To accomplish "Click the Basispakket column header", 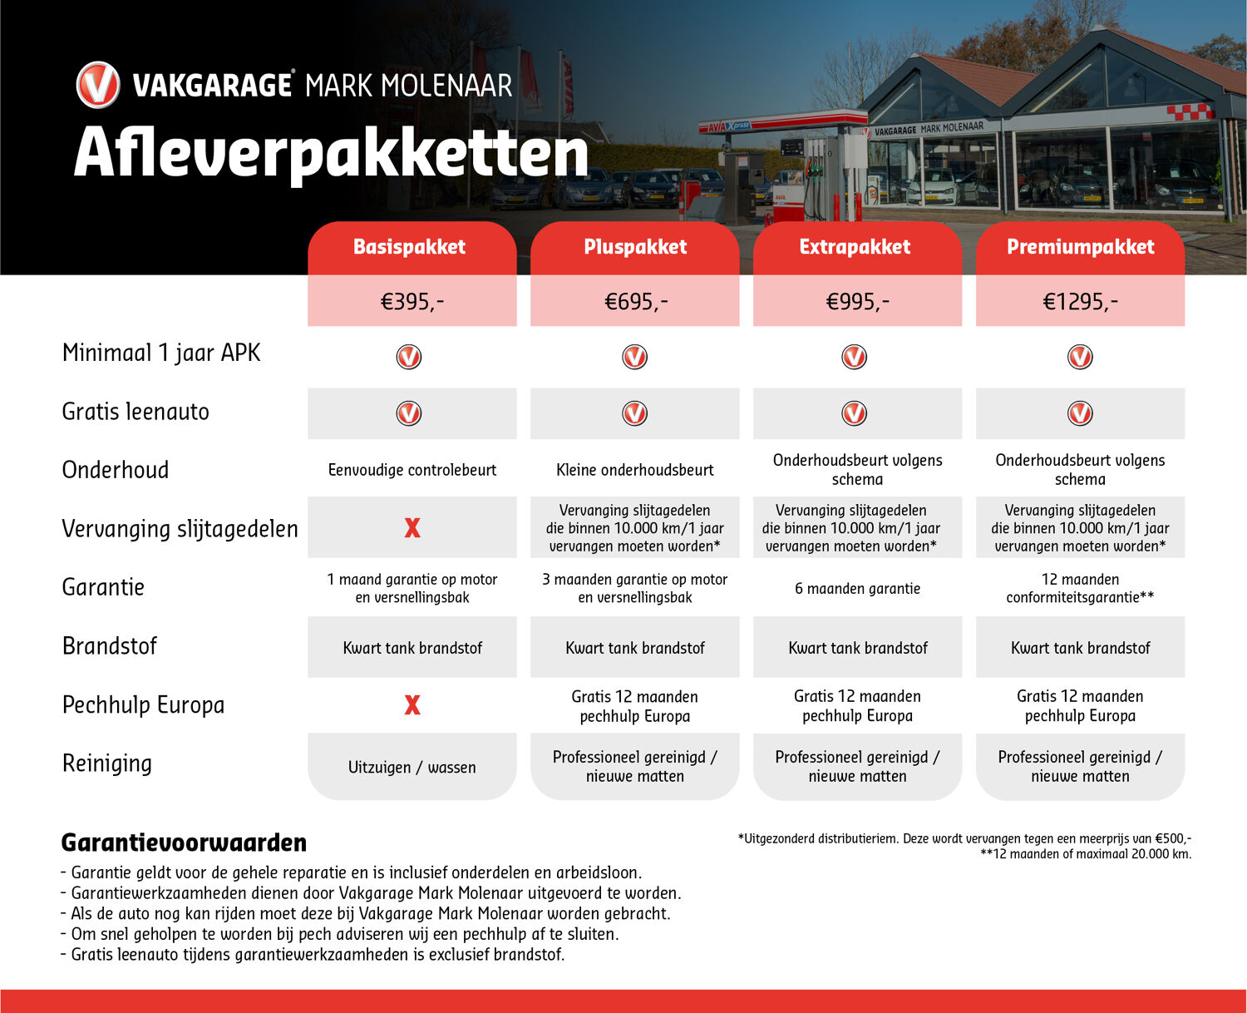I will pyautogui.click(x=412, y=247).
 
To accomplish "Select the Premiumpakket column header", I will pyautogui.click(x=1080, y=247).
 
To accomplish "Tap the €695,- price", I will pyautogui.click(x=635, y=301).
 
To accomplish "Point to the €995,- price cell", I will pyautogui.click(x=857, y=301).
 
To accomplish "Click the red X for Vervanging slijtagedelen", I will pyautogui.click(x=412, y=528).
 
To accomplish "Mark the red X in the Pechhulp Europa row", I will pyautogui.click(x=412, y=705).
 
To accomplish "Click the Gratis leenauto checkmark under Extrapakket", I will pyautogui.click(x=855, y=413).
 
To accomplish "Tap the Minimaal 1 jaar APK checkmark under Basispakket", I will pyautogui.click(x=409, y=357).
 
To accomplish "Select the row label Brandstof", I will pyautogui.click(x=110, y=646).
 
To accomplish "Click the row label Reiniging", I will pyautogui.click(x=107, y=763).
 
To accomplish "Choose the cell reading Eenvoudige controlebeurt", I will pyautogui.click(x=412, y=470).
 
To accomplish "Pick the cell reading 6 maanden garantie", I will pyautogui.click(x=857, y=589).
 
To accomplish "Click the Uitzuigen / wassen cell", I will pyautogui.click(x=412, y=767).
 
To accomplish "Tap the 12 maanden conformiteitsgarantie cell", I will pyautogui.click(x=1080, y=588).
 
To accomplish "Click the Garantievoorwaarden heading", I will pyautogui.click(x=184, y=843).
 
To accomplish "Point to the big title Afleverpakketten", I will pyautogui.click(x=331, y=153).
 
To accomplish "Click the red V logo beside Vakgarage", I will pyautogui.click(x=98, y=85).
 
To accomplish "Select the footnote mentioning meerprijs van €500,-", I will pyautogui.click(x=964, y=838).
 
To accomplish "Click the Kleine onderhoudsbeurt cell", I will pyautogui.click(x=635, y=470).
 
